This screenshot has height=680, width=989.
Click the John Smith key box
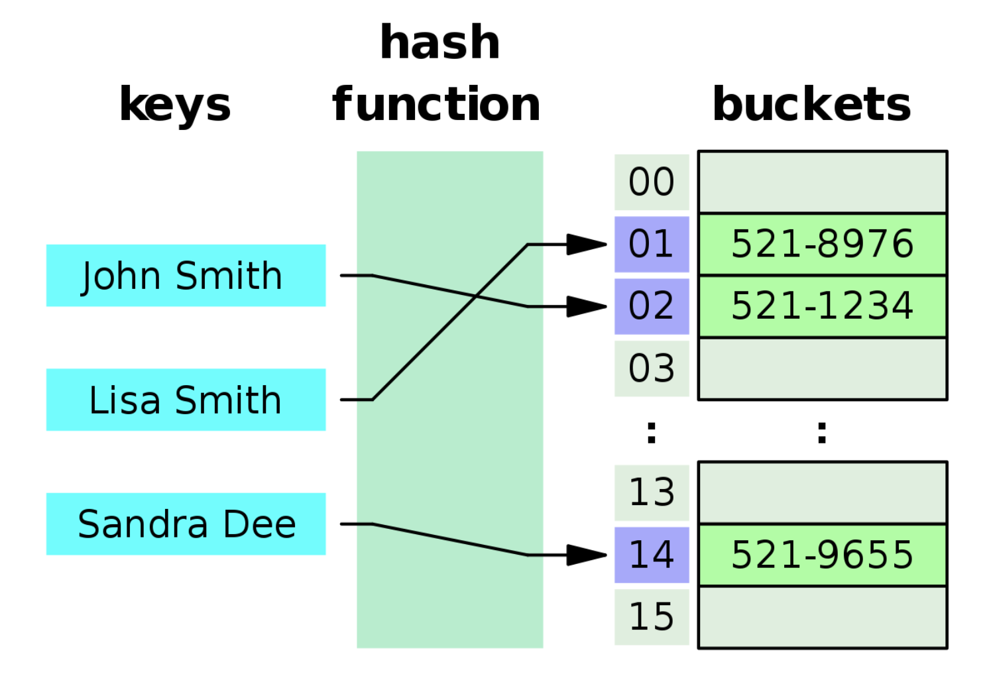(x=186, y=276)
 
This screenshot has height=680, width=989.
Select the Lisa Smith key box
(x=186, y=400)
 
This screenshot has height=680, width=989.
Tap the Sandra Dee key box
(x=186, y=524)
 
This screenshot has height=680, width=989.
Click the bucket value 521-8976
(x=822, y=244)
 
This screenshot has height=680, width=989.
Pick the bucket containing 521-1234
(x=822, y=306)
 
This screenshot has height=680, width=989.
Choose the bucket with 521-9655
(x=822, y=555)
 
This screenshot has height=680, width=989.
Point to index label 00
(x=652, y=182)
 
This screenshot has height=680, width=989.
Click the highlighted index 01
(x=652, y=244)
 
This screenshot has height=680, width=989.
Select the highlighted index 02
(x=652, y=306)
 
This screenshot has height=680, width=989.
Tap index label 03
(x=652, y=368)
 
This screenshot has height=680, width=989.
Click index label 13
(x=652, y=492)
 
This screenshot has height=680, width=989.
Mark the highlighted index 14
(x=652, y=555)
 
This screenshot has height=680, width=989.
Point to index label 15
(x=652, y=617)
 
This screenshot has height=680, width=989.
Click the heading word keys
(x=175, y=105)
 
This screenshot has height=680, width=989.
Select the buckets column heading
(x=811, y=105)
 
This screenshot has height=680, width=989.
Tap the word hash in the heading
(x=439, y=42)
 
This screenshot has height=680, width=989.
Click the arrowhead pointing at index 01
(x=586, y=245)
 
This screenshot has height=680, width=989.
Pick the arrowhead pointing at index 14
(x=586, y=555)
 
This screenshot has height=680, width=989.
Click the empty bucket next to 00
(x=822, y=182)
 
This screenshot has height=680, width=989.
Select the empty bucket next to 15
(x=822, y=617)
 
